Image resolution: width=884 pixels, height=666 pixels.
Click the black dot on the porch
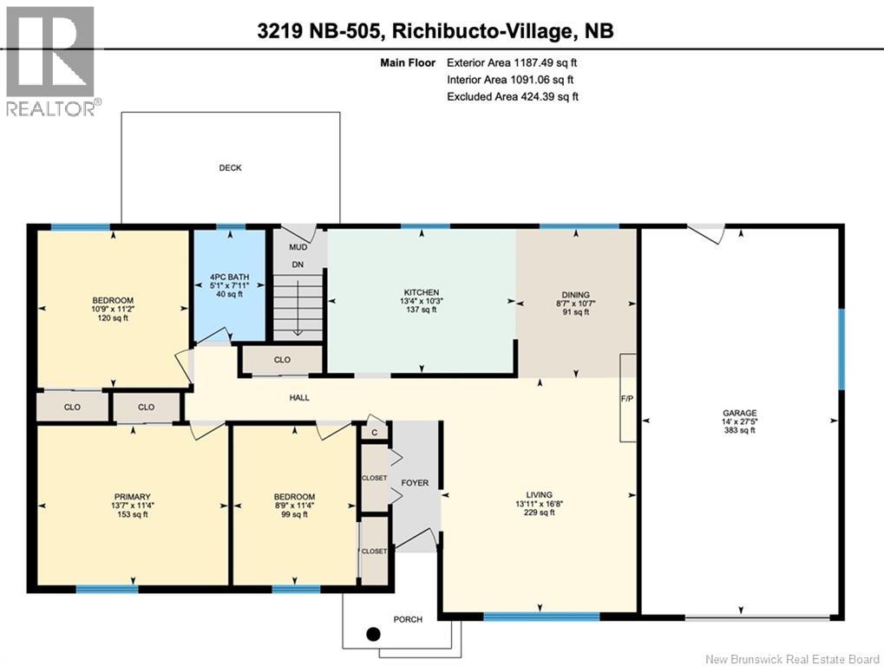[373, 635]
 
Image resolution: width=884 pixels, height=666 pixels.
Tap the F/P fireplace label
[627, 398]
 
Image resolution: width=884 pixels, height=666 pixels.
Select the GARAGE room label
[740, 413]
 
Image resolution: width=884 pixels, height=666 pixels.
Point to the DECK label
[230, 168]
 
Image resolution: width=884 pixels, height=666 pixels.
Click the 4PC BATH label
[229, 277]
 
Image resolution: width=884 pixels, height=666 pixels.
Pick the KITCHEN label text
[421, 292]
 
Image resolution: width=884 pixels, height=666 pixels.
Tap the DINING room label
[576, 295]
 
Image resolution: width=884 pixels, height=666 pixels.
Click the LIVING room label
[540, 494]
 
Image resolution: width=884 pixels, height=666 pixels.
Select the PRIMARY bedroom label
[133, 496]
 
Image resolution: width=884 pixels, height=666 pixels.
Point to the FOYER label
[415, 483]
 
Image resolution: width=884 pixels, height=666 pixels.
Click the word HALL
[299, 398]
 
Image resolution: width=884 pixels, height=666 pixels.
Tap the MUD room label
[298, 247]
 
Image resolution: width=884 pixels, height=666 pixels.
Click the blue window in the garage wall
[841, 349]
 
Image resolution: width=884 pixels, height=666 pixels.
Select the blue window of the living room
[541, 617]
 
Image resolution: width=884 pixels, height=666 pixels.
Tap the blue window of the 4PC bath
[231, 227]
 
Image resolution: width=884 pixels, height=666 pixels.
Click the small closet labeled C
[375, 432]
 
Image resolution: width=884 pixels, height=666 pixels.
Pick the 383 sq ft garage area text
[740, 430]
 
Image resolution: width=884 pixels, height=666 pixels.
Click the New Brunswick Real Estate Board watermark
[792, 659]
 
